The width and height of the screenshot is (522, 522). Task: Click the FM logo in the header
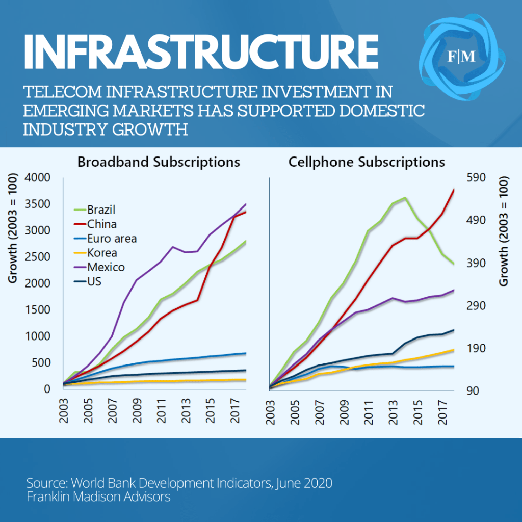click(462, 57)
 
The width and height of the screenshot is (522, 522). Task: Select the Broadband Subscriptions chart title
click(159, 162)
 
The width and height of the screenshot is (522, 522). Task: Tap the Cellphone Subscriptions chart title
click(367, 162)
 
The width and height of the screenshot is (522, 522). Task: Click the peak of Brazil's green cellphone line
click(405, 198)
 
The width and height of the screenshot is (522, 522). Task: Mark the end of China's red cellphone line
click(454, 190)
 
